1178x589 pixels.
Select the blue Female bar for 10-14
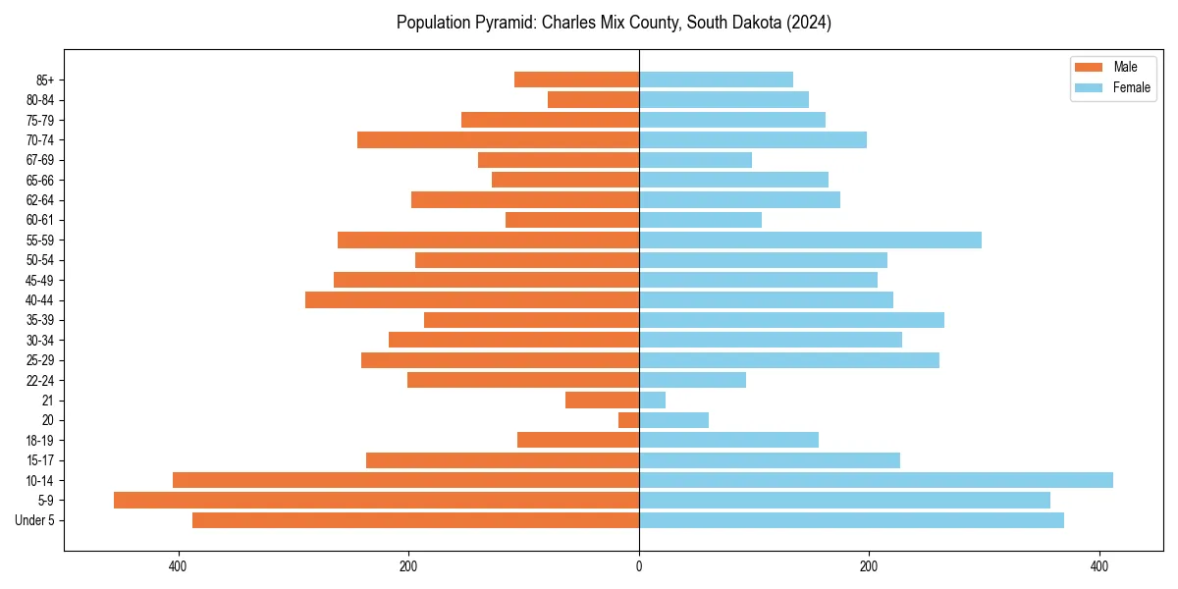coord(876,480)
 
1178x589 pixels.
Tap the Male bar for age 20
coord(628,420)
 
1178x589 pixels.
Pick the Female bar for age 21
coord(652,400)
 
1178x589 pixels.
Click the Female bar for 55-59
coord(810,240)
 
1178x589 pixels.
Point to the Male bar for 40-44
coord(472,299)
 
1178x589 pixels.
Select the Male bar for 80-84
coord(593,99)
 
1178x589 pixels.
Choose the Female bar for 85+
coord(716,80)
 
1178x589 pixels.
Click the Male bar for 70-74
coord(498,139)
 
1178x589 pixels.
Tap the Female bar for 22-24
coord(692,380)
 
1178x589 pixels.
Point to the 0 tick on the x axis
coord(639,565)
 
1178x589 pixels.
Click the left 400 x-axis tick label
coord(178,565)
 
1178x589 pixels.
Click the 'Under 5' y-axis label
coord(34,520)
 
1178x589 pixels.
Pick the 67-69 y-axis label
coord(40,160)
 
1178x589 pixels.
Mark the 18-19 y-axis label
coord(40,440)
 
